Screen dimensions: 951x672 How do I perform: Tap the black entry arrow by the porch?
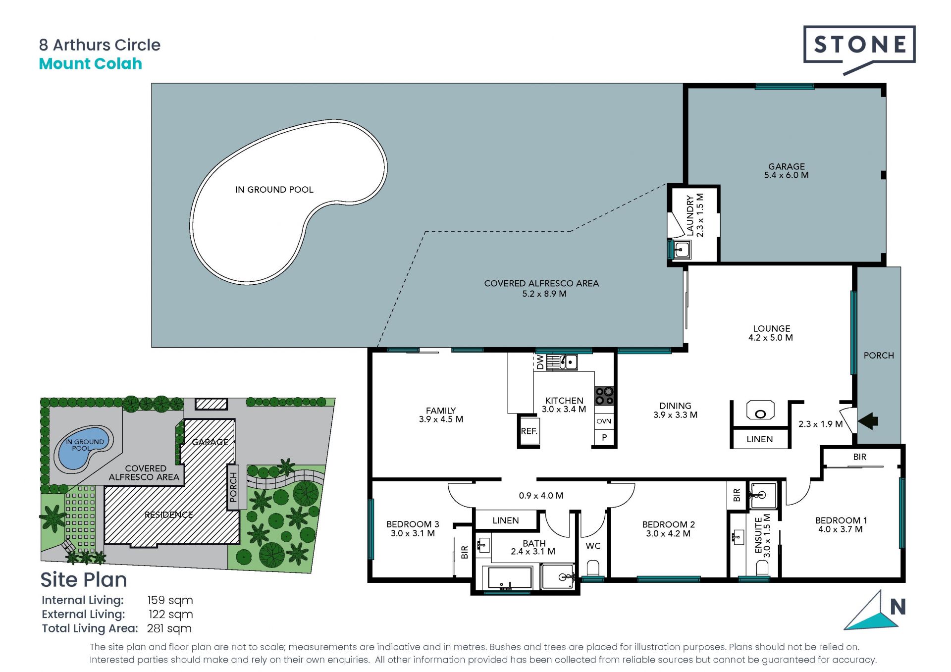[x=868, y=421]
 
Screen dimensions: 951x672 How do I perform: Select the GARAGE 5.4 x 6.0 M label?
[x=786, y=171]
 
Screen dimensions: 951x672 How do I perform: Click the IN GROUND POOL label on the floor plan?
[x=274, y=190]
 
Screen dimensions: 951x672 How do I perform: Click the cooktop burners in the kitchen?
[x=604, y=396]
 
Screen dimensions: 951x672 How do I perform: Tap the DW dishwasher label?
[x=540, y=362]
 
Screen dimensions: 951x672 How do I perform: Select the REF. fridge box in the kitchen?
[x=529, y=431]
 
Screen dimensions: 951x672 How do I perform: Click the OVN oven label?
[x=604, y=421]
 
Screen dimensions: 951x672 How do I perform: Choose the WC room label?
[x=593, y=546]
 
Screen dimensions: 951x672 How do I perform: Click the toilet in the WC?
[x=593, y=568]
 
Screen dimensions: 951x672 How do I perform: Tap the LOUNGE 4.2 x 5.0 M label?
[x=771, y=333]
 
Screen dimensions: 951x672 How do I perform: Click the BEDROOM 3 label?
[x=413, y=524]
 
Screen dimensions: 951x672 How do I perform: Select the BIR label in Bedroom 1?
[x=860, y=457]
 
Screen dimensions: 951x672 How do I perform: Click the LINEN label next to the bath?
[x=506, y=520]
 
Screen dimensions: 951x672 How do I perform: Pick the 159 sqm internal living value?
[x=170, y=600]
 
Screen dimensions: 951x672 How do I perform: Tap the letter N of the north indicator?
[x=898, y=607]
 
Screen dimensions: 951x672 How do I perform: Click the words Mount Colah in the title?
[x=91, y=64]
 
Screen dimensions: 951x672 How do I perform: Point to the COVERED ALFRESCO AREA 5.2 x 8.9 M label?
[x=542, y=288]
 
